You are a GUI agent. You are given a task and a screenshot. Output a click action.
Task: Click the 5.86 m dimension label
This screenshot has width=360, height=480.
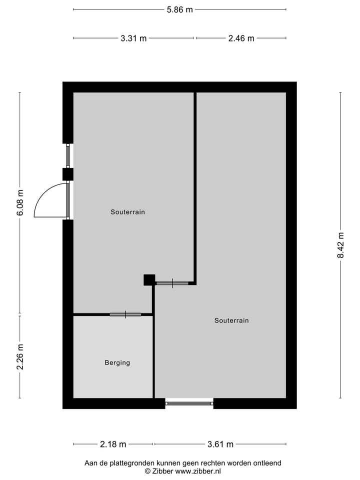point(180,9)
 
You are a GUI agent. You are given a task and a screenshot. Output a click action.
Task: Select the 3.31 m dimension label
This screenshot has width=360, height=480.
point(133,38)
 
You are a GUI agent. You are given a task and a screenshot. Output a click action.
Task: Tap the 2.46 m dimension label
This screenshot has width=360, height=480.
point(241,38)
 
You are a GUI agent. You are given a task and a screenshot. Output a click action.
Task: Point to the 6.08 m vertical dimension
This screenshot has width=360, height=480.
point(20,203)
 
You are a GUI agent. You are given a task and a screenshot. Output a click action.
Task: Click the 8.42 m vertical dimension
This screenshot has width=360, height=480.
point(341,245)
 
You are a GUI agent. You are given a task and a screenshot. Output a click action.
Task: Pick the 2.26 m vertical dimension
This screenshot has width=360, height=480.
point(20,357)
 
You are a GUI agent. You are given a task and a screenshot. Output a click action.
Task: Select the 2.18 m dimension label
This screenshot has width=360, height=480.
point(113,444)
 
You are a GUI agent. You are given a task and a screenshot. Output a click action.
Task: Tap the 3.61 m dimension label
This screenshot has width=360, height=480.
point(220,444)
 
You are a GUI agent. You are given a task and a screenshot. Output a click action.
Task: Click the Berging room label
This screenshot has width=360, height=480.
point(117,363)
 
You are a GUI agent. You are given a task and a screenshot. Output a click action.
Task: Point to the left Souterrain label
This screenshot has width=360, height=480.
point(128,212)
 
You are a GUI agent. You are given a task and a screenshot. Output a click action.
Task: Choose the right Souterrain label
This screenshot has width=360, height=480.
point(231,320)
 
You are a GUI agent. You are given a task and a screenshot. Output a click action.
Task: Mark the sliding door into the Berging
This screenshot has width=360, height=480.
point(125,314)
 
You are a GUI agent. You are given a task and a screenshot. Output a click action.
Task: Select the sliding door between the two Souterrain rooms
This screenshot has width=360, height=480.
point(172,283)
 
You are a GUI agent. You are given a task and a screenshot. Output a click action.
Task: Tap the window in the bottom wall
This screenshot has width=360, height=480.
point(189,403)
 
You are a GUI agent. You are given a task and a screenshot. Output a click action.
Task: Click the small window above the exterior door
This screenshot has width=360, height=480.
point(68,155)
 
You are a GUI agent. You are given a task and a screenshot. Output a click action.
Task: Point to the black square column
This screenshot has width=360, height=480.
point(149,280)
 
